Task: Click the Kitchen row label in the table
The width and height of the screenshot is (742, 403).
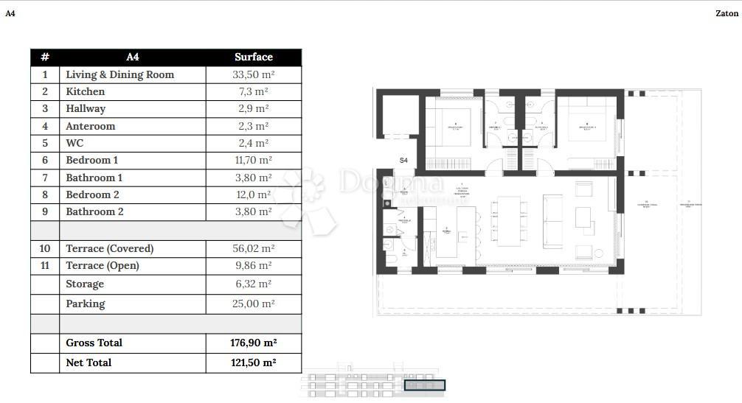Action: tap(86, 91)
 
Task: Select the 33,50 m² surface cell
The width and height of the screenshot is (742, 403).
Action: tap(253, 74)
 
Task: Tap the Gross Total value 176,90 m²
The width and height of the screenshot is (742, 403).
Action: tap(253, 343)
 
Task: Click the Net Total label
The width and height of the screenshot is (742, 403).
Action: tap(89, 362)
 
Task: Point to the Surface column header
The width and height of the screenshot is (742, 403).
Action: tap(253, 57)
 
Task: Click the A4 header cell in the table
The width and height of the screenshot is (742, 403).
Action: tap(133, 57)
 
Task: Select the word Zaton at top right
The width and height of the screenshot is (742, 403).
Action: tap(727, 13)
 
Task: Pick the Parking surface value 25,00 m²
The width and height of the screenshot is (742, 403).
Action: tap(253, 304)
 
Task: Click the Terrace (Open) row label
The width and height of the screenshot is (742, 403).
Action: tap(103, 265)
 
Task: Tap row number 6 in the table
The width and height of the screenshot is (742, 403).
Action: tap(45, 160)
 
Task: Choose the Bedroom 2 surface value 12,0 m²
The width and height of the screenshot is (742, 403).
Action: tap(253, 195)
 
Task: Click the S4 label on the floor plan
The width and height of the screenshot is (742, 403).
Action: tap(403, 160)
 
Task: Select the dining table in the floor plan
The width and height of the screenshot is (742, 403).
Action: tap(508, 220)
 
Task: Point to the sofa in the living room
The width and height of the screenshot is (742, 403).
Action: tap(552, 219)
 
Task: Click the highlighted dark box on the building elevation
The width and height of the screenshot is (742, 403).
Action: tap(425, 385)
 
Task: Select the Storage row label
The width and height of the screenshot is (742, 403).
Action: tap(85, 284)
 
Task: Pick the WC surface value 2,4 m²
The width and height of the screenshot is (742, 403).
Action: tap(253, 143)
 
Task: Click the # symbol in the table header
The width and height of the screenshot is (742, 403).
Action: tap(45, 57)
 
